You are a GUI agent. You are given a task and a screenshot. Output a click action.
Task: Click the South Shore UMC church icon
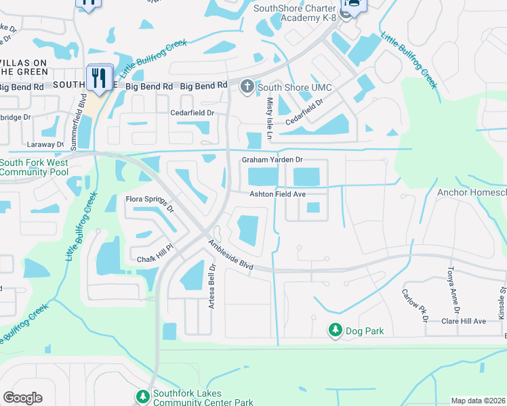(x=247, y=87)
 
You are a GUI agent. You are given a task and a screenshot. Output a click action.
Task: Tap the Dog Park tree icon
(x=335, y=330)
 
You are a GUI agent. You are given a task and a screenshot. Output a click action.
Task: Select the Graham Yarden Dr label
(x=272, y=160)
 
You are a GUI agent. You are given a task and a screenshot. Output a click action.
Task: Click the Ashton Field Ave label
(x=278, y=194)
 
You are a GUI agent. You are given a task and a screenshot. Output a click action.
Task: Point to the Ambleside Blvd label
(x=230, y=256)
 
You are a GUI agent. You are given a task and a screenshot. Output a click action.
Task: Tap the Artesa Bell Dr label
(x=211, y=286)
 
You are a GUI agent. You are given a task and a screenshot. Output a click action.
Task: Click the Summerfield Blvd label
(x=83, y=116)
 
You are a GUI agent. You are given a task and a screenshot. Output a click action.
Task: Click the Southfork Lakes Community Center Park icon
(x=142, y=396)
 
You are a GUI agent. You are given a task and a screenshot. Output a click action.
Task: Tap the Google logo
(x=22, y=398)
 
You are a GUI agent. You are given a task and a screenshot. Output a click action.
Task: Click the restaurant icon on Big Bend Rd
(x=100, y=77)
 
